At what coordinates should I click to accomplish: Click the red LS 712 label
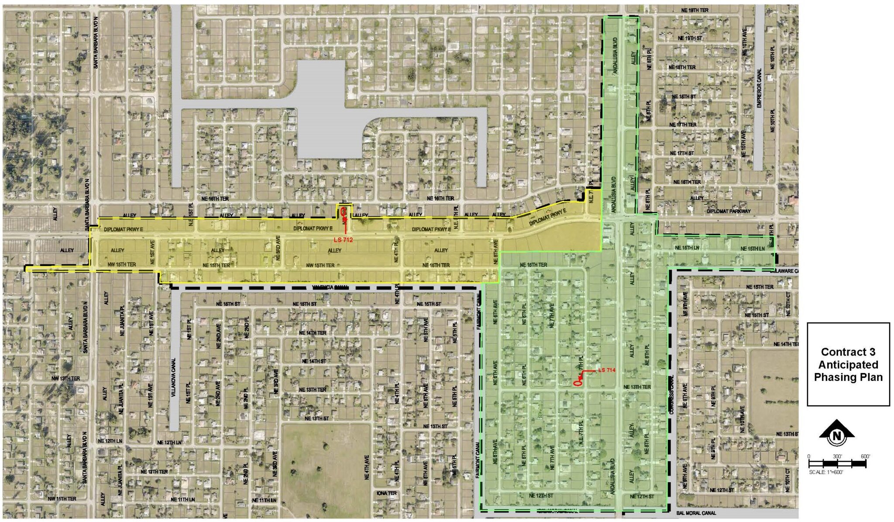(x=343, y=240)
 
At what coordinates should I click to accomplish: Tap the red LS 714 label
(x=606, y=370)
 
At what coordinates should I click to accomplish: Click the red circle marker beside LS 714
(x=577, y=383)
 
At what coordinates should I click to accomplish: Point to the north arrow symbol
(x=836, y=435)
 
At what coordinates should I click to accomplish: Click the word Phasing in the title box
(x=848, y=377)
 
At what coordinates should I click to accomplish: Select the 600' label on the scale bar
(x=865, y=456)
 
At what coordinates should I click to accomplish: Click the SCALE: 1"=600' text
(x=826, y=472)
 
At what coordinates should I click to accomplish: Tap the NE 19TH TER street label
(x=695, y=10)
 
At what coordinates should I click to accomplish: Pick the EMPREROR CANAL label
(x=759, y=88)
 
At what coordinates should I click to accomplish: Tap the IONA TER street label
(x=387, y=493)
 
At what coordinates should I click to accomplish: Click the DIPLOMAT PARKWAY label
(x=729, y=211)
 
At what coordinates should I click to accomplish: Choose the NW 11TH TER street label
(x=62, y=499)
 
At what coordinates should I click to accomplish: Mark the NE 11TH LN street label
(x=183, y=499)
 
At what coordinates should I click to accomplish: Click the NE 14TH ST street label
(x=314, y=361)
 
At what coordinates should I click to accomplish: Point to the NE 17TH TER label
(x=683, y=125)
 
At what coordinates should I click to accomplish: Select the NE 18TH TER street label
(x=682, y=67)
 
